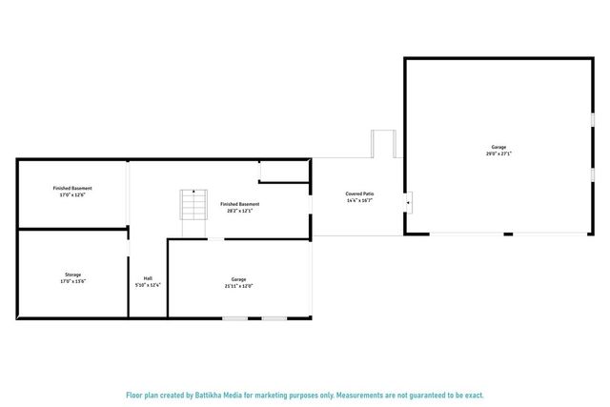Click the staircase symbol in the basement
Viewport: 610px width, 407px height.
click(x=194, y=205)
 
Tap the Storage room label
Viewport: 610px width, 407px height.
click(x=72, y=275)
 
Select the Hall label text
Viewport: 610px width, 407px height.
click(x=148, y=278)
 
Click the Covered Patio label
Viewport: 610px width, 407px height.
click(x=359, y=193)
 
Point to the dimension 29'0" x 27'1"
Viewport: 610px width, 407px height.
click(x=498, y=153)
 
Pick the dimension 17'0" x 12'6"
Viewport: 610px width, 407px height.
click(x=72, y=194)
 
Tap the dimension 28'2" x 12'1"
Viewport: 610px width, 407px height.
click(x=240, y=211)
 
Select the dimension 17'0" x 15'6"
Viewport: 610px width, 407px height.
click(x=72, y=282)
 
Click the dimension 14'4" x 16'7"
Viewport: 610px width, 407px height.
click(x=359, y=200)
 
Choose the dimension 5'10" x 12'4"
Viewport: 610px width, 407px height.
click(x=148, y=285)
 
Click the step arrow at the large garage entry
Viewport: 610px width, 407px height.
click(x=409, y=201)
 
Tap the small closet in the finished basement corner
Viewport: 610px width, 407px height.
click(x=284, y=171)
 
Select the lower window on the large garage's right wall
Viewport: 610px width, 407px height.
click(x=593, y=174)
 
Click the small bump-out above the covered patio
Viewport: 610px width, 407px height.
click(x=382, y=144)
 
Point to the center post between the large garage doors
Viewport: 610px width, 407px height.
click(x=508, y=234)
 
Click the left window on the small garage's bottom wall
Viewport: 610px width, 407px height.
click(x=235, y=318)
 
